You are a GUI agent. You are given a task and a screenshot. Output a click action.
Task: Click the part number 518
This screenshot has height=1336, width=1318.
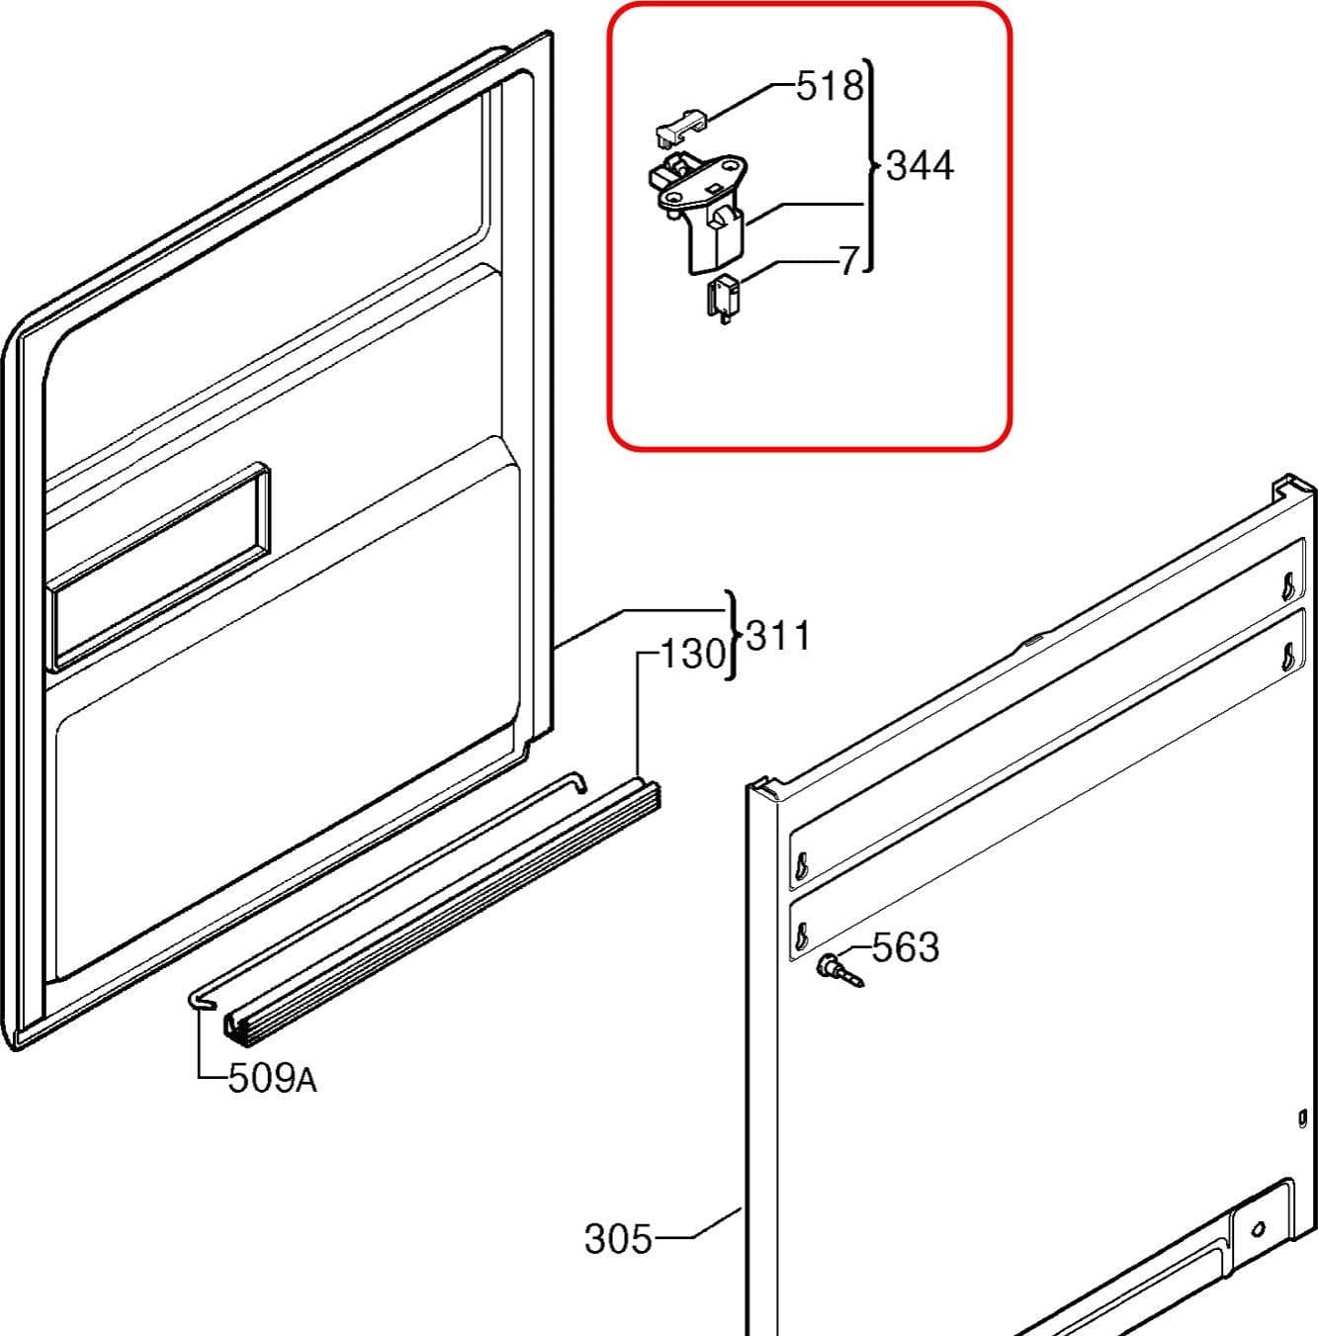[x=830, y=87]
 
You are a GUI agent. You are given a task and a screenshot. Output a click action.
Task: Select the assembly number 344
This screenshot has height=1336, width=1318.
[x=921, y=166]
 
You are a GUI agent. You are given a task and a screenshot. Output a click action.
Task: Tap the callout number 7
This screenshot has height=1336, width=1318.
[x=849, y=261]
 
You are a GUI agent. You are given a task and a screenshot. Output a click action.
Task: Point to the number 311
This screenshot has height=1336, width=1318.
[x=778, y=636]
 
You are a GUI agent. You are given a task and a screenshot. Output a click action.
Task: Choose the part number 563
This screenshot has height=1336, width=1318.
[x=906, y=947]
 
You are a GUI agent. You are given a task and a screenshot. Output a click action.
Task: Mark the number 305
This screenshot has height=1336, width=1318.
[x=618, y=1239]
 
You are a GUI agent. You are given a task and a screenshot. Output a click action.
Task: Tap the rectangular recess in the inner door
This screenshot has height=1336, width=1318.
[x=157, y=567]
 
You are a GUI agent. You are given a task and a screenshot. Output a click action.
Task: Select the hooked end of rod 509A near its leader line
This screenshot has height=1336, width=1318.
[x=202, y=1000]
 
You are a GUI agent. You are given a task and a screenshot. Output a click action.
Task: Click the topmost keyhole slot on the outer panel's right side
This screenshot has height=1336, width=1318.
[x=1288, y=586]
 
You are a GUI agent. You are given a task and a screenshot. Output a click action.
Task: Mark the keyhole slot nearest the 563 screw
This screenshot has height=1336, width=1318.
[x=802, y=937]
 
